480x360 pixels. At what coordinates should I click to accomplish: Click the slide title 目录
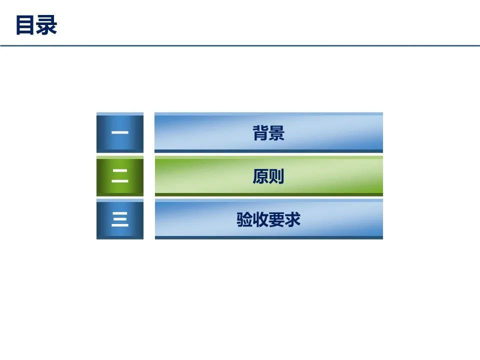[x=36, y=25]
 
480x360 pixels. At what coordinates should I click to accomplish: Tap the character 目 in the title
[x=25, y=25]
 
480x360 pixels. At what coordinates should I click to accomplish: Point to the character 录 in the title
[x=46, y=25]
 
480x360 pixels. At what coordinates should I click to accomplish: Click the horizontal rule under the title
[x=240, y=45]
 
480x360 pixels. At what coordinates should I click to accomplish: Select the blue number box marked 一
[x=120, y=132]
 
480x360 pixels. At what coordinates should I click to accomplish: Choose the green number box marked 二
[x=120, y=176]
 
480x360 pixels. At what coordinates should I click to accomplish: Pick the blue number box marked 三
[x=120, y=219]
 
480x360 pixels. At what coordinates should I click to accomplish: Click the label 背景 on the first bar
[x=268, y=133]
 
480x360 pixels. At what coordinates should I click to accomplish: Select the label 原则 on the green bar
[x=268, y=176]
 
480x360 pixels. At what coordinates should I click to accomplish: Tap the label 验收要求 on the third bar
[x=268, y=219]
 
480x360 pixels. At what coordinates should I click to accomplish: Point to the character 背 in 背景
[x=260, y=133]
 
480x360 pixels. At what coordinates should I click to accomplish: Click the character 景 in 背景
[x=276, y=133]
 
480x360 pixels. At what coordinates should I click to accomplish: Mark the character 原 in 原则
[x=260, y=176]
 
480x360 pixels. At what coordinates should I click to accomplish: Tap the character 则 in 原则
[x=276, y=176]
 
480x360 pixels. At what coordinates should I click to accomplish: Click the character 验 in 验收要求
[x=244, y=219]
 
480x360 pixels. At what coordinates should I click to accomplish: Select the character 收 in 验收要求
[x=260, y=219]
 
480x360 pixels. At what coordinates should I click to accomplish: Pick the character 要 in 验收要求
[x=276, y=219]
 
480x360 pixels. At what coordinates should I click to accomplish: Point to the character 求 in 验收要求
[x=292, y=219]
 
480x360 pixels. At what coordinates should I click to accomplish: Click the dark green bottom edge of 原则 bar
[x=269, y=194]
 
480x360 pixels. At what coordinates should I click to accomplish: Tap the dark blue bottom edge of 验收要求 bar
[x=269, y=237]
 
